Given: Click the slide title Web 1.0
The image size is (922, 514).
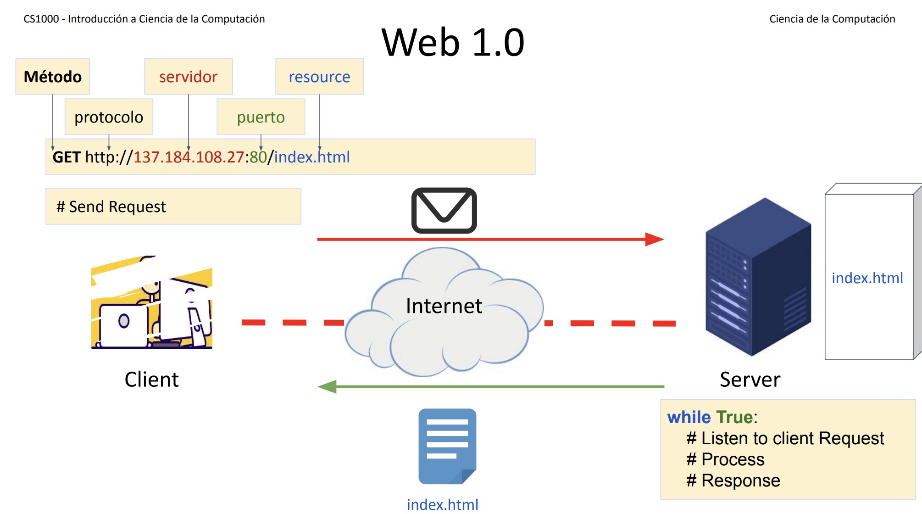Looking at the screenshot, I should [453, 42].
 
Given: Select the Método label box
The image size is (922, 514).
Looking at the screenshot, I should [53, 77].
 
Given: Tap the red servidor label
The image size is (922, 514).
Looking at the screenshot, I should [188, 77].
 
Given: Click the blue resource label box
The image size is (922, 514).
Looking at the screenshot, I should [319, 77].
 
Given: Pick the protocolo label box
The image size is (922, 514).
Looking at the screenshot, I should [109, 117].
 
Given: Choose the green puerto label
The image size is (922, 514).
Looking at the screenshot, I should [261, 117].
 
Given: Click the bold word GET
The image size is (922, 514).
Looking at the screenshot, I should [67, 157].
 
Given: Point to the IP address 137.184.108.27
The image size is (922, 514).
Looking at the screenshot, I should [189, 157].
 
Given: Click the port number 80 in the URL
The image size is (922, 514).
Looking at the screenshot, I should [258, 157].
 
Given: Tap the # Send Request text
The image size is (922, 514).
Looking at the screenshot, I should [111, 207].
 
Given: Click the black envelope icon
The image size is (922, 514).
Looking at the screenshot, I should [444, 211].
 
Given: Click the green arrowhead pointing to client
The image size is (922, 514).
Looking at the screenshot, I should [328, 386].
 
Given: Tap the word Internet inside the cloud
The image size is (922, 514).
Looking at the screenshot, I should [444, 306].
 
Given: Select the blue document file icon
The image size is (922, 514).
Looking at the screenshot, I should [447, 446].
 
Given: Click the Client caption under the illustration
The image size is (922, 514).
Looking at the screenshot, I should [151, 380].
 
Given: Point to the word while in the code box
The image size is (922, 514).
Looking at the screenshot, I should [689, 417].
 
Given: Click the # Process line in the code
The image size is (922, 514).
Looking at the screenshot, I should [725, 459].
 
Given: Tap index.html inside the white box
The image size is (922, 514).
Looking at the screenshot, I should [867, 278].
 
